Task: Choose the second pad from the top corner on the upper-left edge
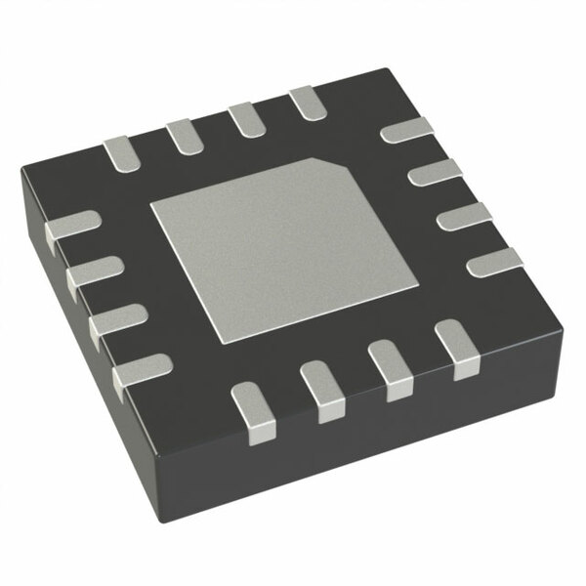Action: coord(244,118)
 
